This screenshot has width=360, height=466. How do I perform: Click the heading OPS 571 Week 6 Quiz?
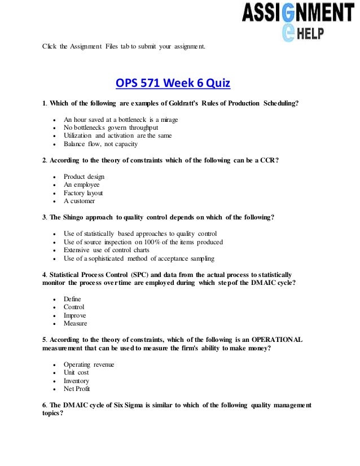tap(173, 84)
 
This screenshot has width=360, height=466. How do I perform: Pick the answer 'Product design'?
tap(84, 177)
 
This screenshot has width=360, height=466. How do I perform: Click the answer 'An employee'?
tap(82, 184)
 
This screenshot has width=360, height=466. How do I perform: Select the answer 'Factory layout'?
tap(84, 193)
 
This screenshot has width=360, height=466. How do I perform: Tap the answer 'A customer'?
tap(80, 201)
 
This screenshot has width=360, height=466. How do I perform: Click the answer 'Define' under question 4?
tap(73, 299)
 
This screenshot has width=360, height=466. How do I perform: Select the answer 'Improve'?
tap(75, 315)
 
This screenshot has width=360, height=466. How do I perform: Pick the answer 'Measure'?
tap(76, 324)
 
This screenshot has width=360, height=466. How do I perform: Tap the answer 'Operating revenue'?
tap(89, 364)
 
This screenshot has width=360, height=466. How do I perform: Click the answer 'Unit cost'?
tap(77, 373)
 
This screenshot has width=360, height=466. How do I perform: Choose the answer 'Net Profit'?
tap(77, 389)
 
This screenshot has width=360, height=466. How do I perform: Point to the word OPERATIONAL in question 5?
tap(275, 340)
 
